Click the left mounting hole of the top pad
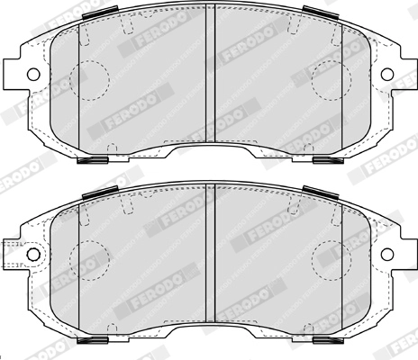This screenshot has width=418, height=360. click(x=32, y=73)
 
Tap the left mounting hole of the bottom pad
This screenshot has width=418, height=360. click(x=32, y=255)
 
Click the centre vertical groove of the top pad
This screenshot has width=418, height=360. click(x=209, y=72)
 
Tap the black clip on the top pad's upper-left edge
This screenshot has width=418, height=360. click(x=102, y=11)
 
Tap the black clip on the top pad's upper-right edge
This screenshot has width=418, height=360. click(x=317, y=11)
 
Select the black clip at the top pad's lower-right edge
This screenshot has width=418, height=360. click(x=326, y=162)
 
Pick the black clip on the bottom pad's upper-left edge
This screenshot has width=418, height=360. click(x=102, y=192)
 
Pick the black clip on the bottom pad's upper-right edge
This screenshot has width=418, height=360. click(x=317, y=192)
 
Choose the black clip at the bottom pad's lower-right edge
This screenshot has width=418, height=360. click(x=326, y=344)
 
